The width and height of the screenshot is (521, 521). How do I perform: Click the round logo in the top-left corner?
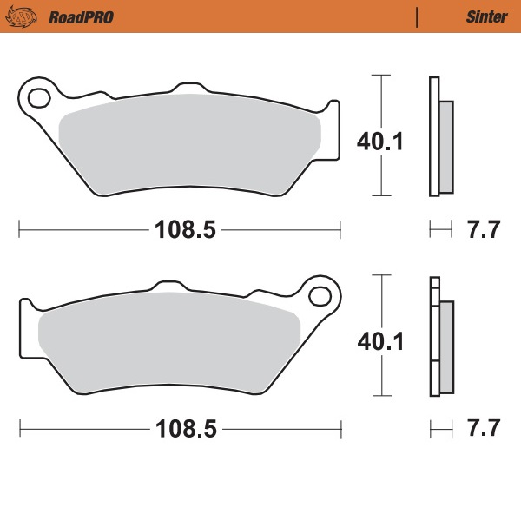pyautogui.click(x=29, y=16)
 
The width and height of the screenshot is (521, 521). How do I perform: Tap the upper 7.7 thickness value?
pyautogui.click(x=484, y=230)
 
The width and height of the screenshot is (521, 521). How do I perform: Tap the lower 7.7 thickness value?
pyautogui.click(x=484, y=429)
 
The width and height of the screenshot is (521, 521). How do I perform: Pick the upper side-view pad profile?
pyautogui.click(x=440, y=137)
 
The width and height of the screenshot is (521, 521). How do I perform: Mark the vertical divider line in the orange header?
pyautogui.click(x=419, y=16)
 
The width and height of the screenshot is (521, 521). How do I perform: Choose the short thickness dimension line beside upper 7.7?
pyautogui.click(x=441, y=230)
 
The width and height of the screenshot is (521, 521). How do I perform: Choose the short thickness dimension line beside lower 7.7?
pyautogui.click(x=441, y=429)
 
